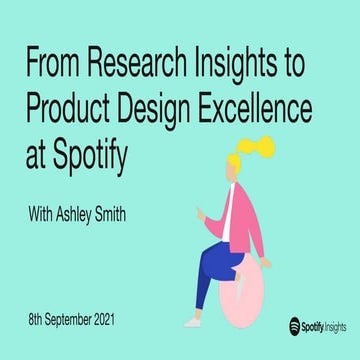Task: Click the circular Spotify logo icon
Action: point(296,325)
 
